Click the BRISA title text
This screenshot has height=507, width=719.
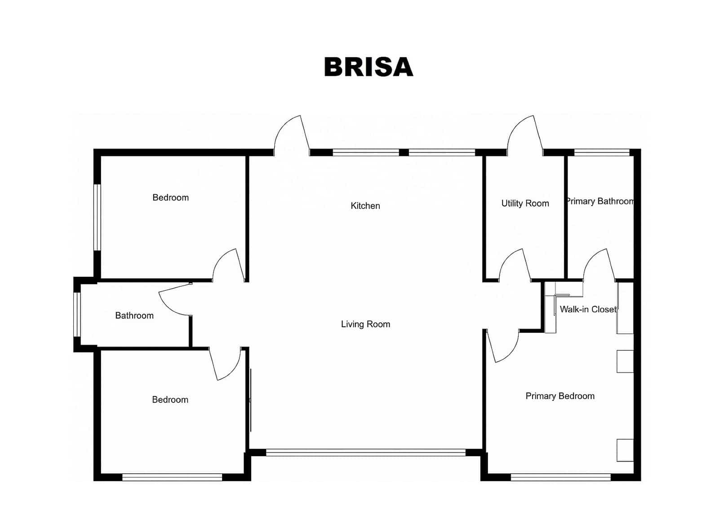[368, 67]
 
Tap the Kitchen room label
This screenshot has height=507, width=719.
[365, 206]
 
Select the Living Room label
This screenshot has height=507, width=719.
[365, 324]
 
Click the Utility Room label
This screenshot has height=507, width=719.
[525, 203]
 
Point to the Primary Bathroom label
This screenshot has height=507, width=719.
[599, 201]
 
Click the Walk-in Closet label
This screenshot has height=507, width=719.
[588, 309]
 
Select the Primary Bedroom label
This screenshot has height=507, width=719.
[559, 396]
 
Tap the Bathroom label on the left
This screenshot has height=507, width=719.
[134, 315]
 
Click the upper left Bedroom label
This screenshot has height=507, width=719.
[170, 197]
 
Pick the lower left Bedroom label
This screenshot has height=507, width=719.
[170, 399]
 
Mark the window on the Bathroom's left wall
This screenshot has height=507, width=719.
[77, 314]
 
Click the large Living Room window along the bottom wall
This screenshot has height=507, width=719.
[365, 452]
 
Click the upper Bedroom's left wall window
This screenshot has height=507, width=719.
[97, 217]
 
